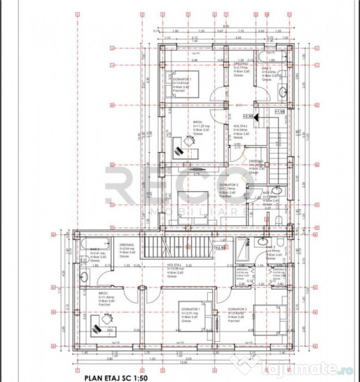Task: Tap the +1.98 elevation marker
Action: (x=280, y=111)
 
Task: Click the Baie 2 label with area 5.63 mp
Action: (x=268, y=73)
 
